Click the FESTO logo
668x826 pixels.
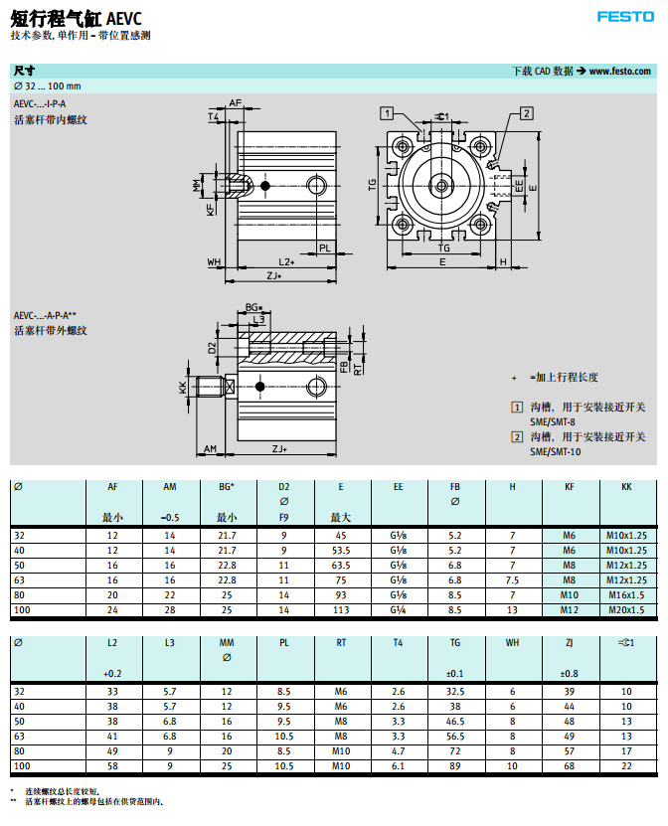pyautogui.click(x=625, y=16)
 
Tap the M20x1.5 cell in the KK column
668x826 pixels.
pyautogui.click(x=626, y=608)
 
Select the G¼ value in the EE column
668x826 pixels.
pyautogui.click(x=399, y=608)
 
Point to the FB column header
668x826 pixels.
pyautogui.click(x=455, y=486)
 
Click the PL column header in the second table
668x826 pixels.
pyautogui.click(x=284, y=642)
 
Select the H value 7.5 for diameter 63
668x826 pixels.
pyautogui.click(x=512, y=578)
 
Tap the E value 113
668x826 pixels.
pyautogui.click(x=341, y=608)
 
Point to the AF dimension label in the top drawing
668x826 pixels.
pyautogui.click(x=236, y=102)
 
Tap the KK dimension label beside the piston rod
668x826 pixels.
pyautogui.click(x=182, y=387)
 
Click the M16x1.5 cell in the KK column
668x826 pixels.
pyautogui.click(x=626, y=593)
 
